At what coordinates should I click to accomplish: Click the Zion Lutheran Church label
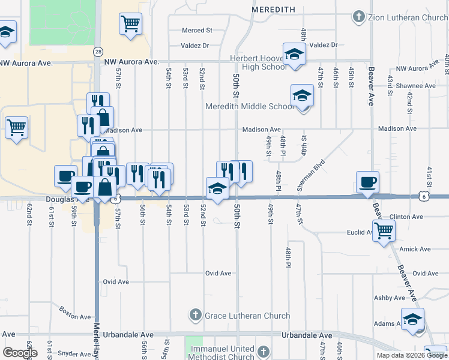coord(409,17)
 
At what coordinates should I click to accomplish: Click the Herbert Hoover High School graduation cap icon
coord(294,54)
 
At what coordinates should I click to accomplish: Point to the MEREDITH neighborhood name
coord(273,10)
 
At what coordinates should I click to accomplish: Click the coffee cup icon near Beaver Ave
coord(367,181)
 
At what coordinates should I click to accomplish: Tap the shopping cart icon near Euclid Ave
coord(384,229)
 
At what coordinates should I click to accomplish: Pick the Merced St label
coord(197,30)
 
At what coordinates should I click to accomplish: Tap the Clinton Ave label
coord(406,217)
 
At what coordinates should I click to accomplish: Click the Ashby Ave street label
coord(390,298)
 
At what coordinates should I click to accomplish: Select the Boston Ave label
coord(75,313)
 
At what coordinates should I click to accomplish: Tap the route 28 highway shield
coord(97,52)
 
